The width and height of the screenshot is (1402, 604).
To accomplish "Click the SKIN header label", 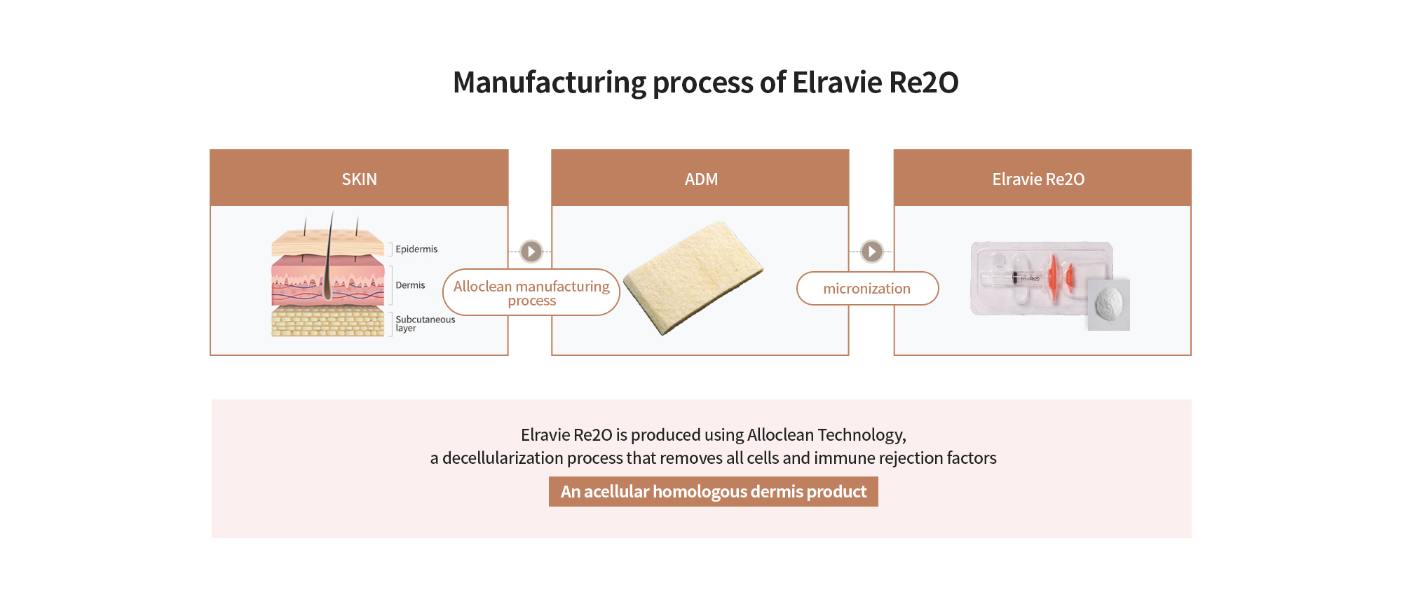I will [x=359, y=179].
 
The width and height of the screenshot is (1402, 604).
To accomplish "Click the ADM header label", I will [x=701, y=179].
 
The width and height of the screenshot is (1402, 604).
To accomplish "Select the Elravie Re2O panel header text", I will [x=1038, y=179].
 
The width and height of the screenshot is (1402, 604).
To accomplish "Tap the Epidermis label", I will [x=416, y=249].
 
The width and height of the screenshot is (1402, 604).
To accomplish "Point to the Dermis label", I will [x=410, y=285].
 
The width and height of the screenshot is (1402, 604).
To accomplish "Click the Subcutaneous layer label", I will [x=425, y=324].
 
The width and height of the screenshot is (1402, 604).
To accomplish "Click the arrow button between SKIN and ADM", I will [x=531, y=251].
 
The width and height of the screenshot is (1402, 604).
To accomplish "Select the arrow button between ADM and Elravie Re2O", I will [x=872, y=251].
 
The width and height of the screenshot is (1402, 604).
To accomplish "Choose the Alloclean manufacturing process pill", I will [x=531, y=293].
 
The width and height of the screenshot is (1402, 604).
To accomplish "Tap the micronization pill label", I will [x=867, y=289].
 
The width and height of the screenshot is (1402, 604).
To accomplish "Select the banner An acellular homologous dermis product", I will [x=713, y=492].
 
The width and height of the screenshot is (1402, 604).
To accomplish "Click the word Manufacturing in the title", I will [x=549, y=83].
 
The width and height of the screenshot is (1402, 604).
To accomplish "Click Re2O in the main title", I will [x=923, y=83].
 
